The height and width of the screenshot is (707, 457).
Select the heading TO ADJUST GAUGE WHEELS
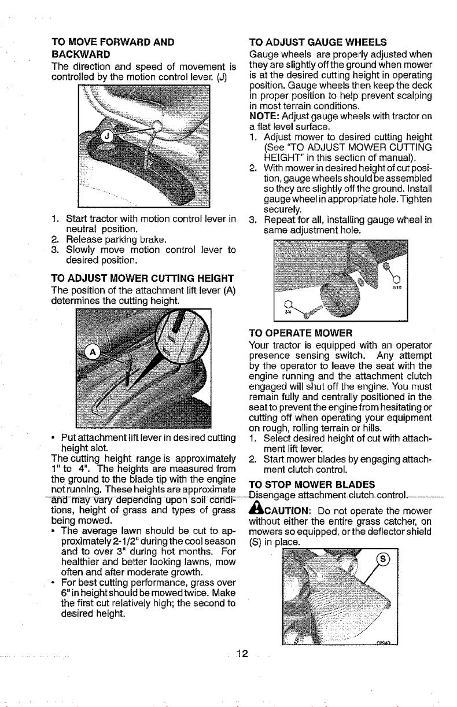(x=317, y=42)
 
